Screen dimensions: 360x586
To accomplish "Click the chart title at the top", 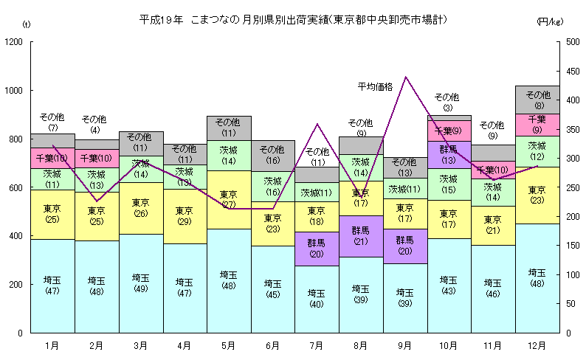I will coord(293,18).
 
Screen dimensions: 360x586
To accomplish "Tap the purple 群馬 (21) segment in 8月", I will coord(360,236).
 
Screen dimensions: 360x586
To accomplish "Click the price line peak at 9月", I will coord(405,76).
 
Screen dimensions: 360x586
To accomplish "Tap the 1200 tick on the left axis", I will coord(14,42).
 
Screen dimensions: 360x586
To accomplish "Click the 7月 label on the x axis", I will coord(317,345).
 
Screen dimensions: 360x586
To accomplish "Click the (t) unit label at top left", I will coord(27,24).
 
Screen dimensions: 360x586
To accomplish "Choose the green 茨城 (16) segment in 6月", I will coord(272,186).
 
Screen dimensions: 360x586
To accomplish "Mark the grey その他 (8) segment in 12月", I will coord(537,100).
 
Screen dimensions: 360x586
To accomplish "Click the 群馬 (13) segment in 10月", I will coord(448,154).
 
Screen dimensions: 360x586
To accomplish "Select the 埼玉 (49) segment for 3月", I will coord(140,283).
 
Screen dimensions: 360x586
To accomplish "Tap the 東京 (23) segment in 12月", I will coord(537,195).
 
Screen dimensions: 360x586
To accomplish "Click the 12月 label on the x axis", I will coord(537,345).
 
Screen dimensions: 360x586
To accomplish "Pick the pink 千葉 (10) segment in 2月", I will coord(97,159).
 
